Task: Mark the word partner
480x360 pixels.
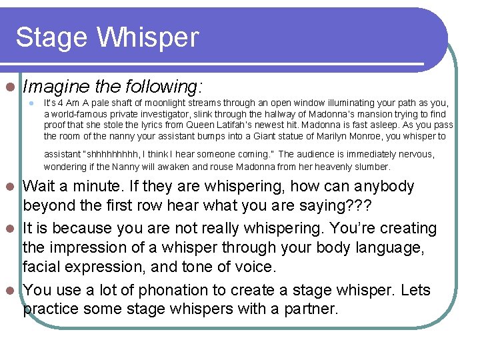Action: pyautogui.click(x=313, y=309)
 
